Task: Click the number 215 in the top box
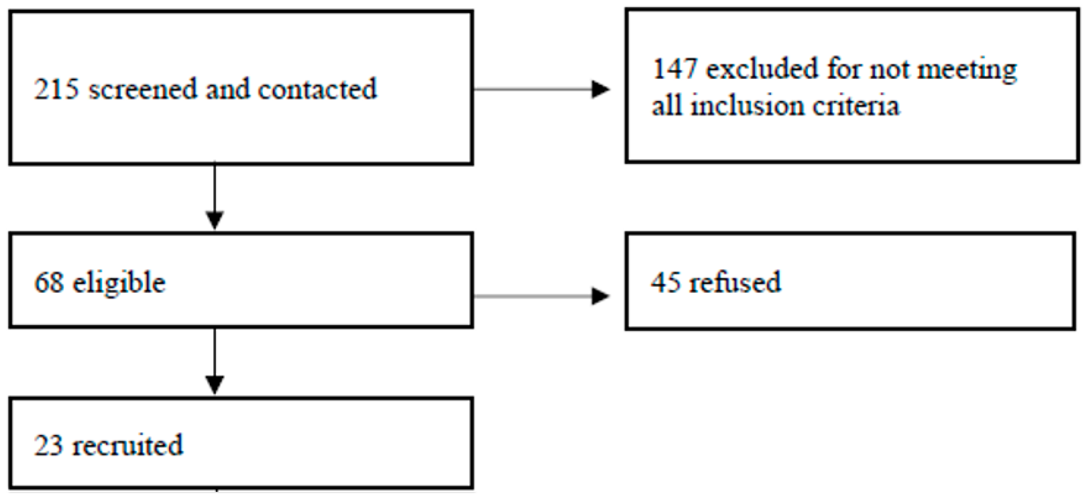click(x=56, y=89)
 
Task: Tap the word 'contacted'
click(x=317, y=89)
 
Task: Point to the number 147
click(x=674, y=69)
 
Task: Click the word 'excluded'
click(x=762, y=69)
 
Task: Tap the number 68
click(x=49, y=282)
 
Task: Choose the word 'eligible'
click(x=119, y=283)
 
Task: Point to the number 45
click(x=665, y=282)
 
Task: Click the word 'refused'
click(x=735, y=282)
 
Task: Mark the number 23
click(x=49, y=445)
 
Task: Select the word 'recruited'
click(x=128, y=445)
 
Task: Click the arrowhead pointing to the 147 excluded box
click(x=600, y=89)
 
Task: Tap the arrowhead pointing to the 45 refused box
click(x=600, y=296)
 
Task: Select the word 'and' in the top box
click(x=228, y=89)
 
